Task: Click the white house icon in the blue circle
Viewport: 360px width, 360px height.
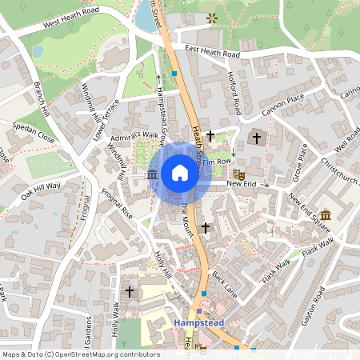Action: click(180, 173)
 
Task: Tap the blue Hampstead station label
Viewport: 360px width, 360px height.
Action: click(197, 322)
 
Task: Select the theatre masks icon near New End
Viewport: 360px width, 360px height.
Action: click(238, 173)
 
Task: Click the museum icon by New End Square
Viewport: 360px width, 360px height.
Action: click(326, 215)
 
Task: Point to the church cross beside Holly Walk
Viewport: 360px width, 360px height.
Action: click(130, 292)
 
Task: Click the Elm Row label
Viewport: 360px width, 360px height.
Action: click(216, 162)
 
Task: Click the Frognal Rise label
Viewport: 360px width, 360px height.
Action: click(117, 205)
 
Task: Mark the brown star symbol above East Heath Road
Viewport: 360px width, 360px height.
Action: click(211, 18)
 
